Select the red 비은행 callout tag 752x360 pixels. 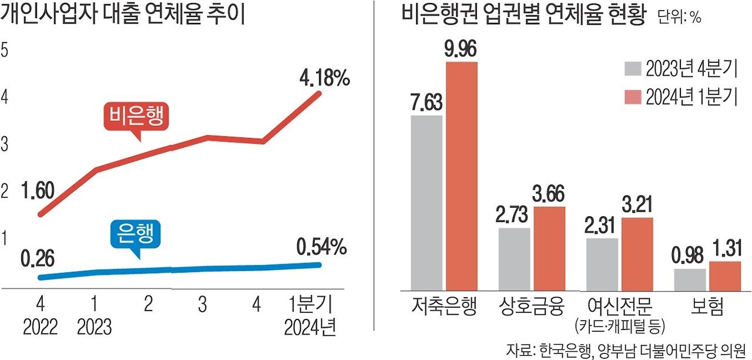[x=136, y=118]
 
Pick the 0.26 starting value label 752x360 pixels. [x=38, y=258]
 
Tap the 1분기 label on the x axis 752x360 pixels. [x=311, y=305]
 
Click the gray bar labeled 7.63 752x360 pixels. [x=426, y=202]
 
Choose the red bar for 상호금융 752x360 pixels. [x=549, y=248]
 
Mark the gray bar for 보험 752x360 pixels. [x=689, y=279]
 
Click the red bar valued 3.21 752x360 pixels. [x=637, y=254]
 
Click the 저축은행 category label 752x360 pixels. [x=444, y=307]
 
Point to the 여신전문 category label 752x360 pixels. [x=619, y=307]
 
